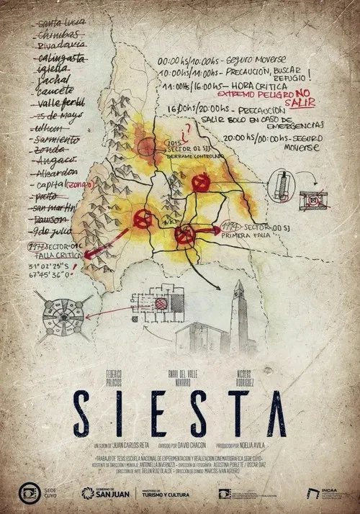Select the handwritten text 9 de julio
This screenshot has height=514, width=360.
coord(55,232)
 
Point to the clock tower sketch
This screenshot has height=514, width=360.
coord(240,312)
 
